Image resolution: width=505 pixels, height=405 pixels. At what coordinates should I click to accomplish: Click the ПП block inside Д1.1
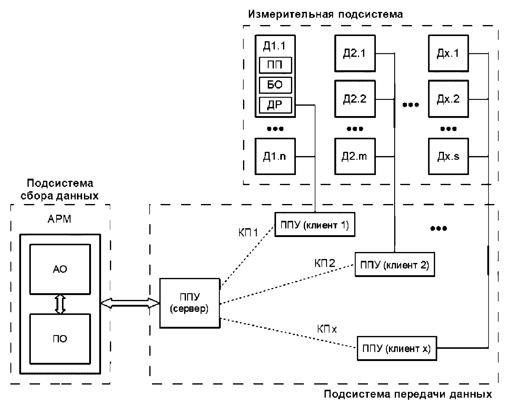click(x=275, y=65)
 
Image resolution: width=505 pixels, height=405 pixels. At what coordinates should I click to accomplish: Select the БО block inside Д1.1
click(x=275, y=85)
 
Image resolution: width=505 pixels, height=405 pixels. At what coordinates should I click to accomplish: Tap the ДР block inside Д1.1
click(x=275, y=105)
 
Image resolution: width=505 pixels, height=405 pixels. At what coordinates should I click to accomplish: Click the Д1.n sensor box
click(x=275, y=156)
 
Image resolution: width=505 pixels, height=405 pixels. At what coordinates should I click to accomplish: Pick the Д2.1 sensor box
click(x=355, y=54)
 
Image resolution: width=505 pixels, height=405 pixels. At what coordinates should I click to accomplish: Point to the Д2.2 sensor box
click(x=355, y=99)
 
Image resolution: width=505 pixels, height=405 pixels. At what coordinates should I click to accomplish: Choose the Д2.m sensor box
click(x=355, y=156)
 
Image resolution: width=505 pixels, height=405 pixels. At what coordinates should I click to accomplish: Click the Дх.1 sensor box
click(x=448, y=54)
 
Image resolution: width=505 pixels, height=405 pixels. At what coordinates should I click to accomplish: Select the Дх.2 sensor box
click(x=448, y=99)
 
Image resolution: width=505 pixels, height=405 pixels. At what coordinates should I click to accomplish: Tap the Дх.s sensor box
click(x=448, y=156)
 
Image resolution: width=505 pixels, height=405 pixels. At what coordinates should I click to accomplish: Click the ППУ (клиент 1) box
click(x=315, y=224)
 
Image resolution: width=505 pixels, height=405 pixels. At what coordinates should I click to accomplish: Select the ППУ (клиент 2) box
click(x=394, y=265)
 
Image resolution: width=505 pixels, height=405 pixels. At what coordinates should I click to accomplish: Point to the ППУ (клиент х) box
click(x=397, y=348)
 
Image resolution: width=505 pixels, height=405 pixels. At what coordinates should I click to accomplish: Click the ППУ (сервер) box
click(x=190, y=303)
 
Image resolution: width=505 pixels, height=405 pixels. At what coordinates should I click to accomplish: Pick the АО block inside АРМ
click(x=60, y=269)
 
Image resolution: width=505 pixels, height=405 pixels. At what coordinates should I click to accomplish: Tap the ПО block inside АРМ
click(x=60, y=339)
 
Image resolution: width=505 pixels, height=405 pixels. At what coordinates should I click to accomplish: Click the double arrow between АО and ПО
click(x=60, y=304)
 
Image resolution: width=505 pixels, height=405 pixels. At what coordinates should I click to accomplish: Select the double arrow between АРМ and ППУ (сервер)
click(x=130, y=303)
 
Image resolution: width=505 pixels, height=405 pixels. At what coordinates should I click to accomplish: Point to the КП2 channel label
click(x=325, y=263)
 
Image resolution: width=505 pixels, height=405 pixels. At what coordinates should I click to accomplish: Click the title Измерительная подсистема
click(x=325, y=14)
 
